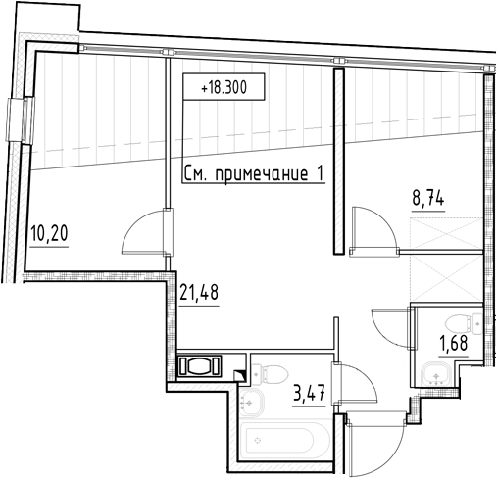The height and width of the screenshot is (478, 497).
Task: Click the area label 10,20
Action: [x=49, y=234]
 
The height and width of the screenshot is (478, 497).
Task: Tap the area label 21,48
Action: [x=199, y=292]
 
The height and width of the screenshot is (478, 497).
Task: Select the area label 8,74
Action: [x=428, y=198]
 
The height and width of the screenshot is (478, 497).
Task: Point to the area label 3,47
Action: [x=310, y=393]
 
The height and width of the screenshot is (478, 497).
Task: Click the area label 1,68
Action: [x=454, y=343]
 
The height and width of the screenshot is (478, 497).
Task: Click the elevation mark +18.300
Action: [x=224, y=87]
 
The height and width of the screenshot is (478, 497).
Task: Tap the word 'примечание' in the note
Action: [x=261, y=174]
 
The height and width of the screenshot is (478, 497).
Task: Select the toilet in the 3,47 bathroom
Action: [x=270, y=373]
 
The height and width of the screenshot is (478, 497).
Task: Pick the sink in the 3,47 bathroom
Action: [x=251, y=403]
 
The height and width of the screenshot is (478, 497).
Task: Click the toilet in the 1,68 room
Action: [x=464, y=323]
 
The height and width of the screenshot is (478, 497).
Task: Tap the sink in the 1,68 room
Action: [x=436, y=375]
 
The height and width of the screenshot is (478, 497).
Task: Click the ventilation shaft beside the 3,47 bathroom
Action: [x=199, y=365]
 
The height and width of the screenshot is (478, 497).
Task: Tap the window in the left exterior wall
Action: [x=21, y=120]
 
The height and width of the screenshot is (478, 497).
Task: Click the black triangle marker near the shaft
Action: [x=239, y=374]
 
